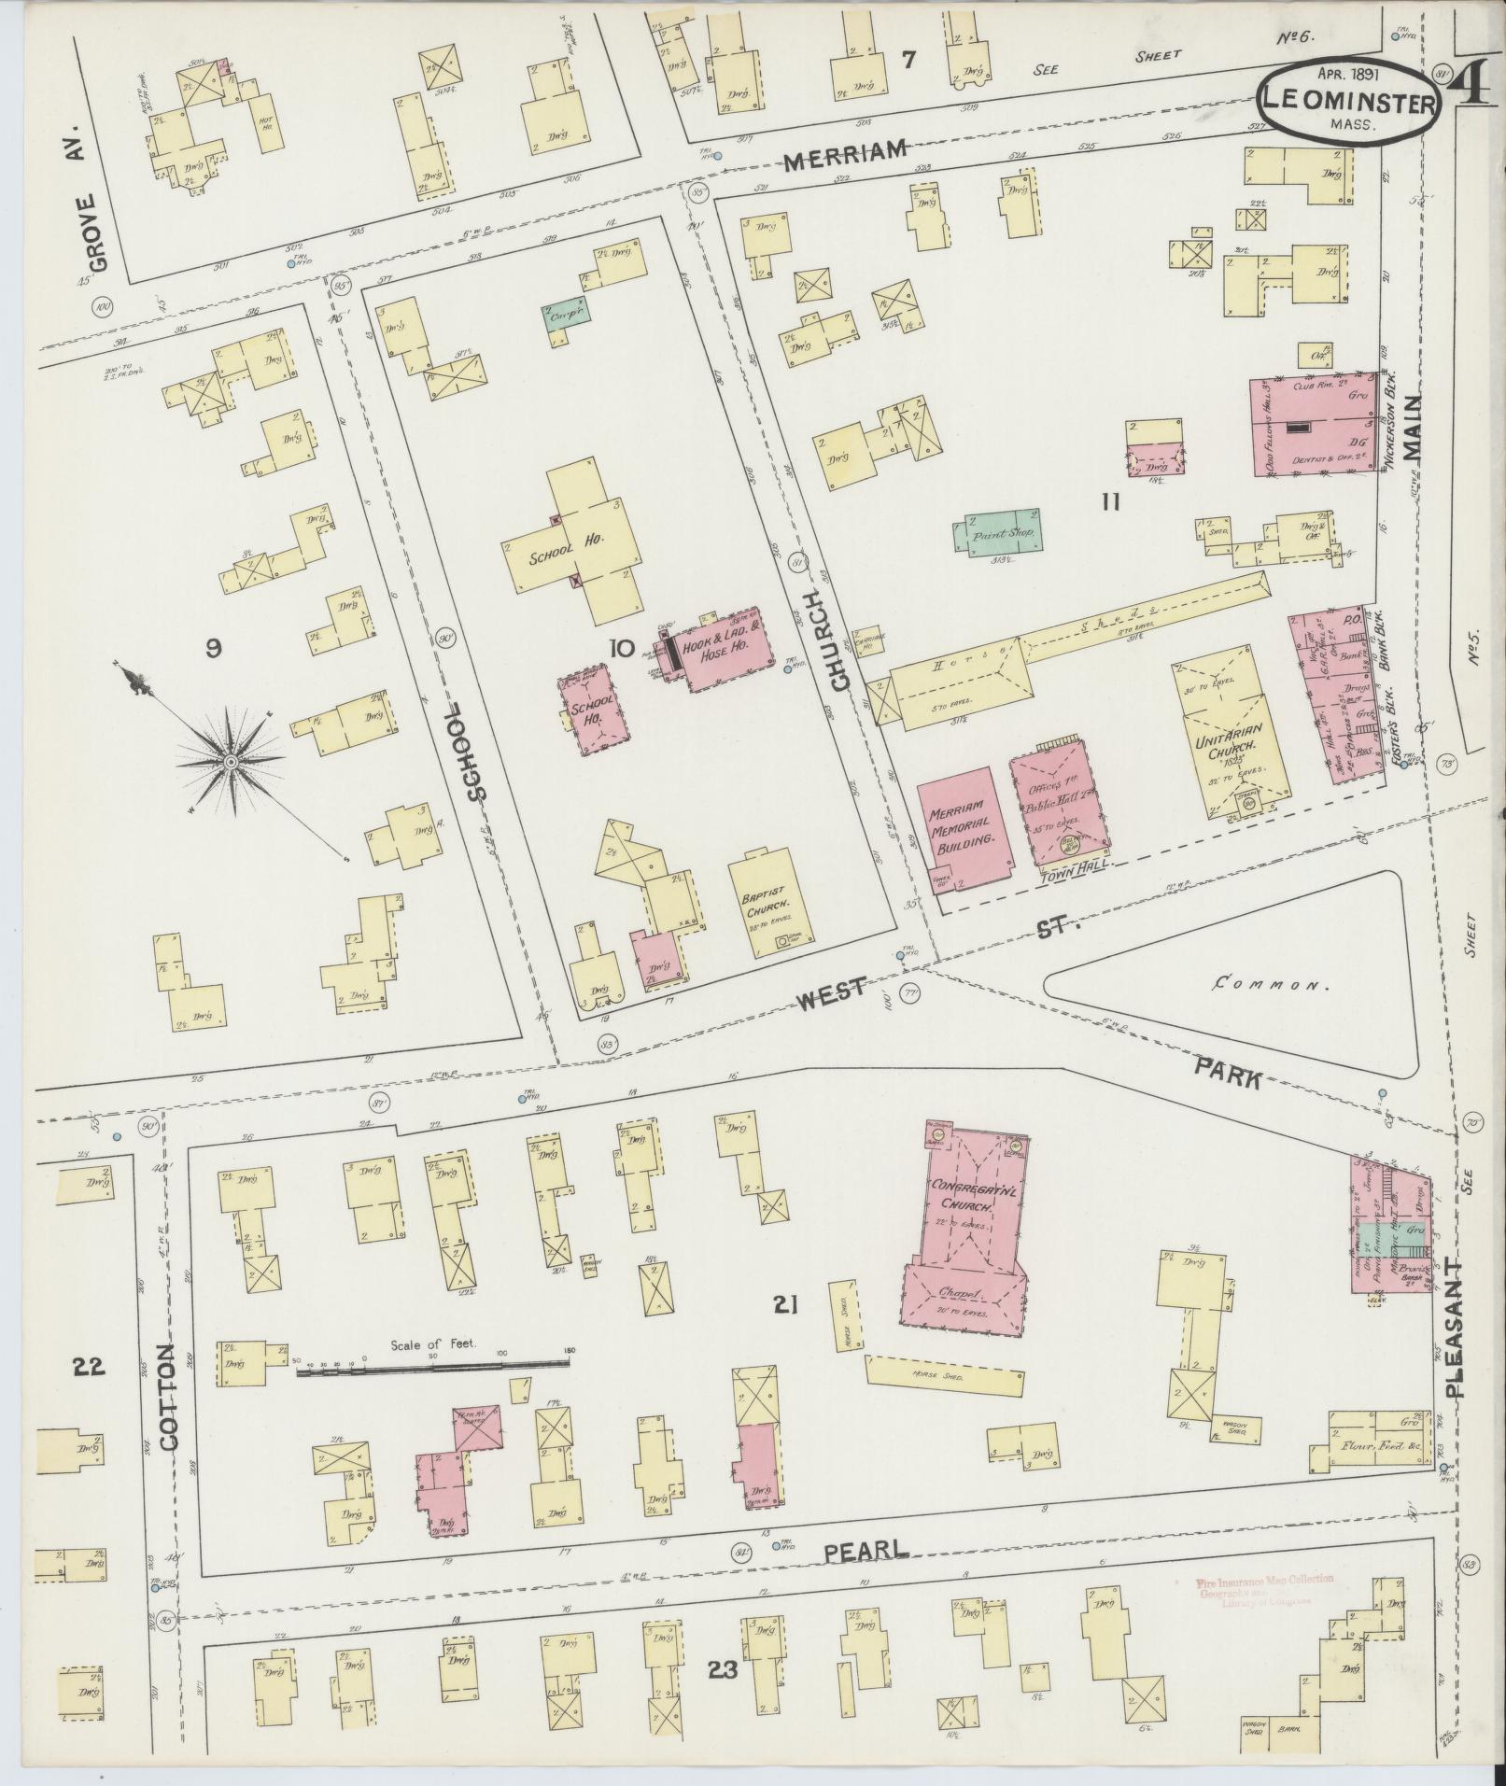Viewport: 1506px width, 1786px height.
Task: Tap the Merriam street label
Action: pyautogui.click(x=845, y=155)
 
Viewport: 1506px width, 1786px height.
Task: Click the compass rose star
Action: pyautogui.click(x=230, y=763)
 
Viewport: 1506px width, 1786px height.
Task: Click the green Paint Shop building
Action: pyautogui.click(x=996, y=532)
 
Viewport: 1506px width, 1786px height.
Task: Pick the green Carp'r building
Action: pyautogui.click(x=567, y=315)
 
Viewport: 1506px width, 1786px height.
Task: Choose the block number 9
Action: pyautogui.click(x=213, y=647)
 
